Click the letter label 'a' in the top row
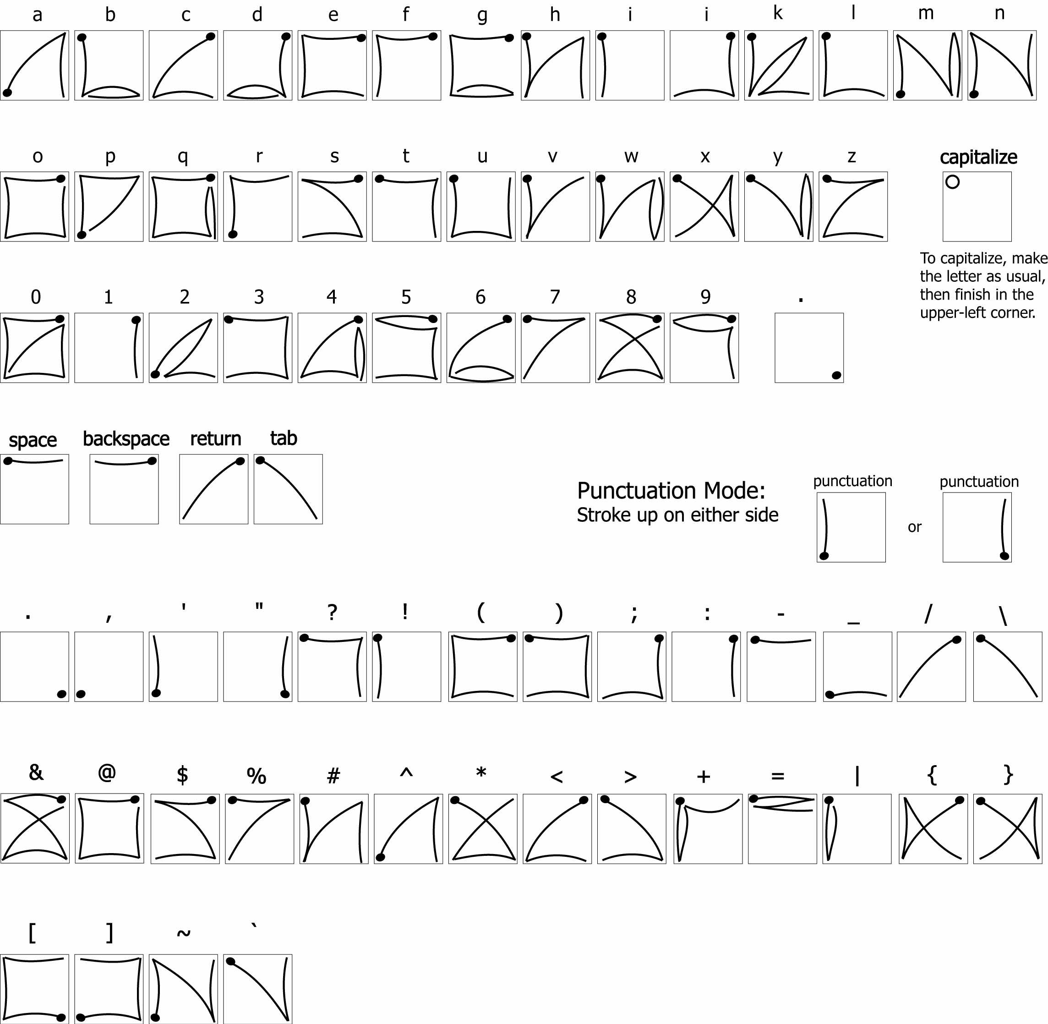37,15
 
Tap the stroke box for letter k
779,65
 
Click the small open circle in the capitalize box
952,182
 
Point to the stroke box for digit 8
630,347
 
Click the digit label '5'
406,296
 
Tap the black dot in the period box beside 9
836,375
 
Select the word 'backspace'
126,439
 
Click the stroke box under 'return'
213,489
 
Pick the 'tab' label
284,438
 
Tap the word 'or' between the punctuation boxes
915,527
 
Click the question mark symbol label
332,612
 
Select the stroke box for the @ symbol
109,828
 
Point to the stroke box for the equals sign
782,828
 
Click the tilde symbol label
183,933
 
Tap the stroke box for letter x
704,207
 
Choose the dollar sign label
182,774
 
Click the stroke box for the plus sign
708,828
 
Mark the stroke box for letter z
853,207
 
